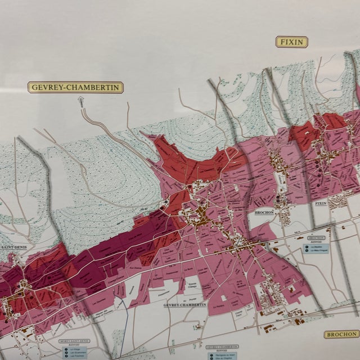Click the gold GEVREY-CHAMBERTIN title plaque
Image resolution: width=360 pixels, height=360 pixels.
point(75,87)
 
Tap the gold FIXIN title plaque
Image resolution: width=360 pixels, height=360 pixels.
point(291,42)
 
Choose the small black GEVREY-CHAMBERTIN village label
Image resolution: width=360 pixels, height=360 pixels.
point(185,304)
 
